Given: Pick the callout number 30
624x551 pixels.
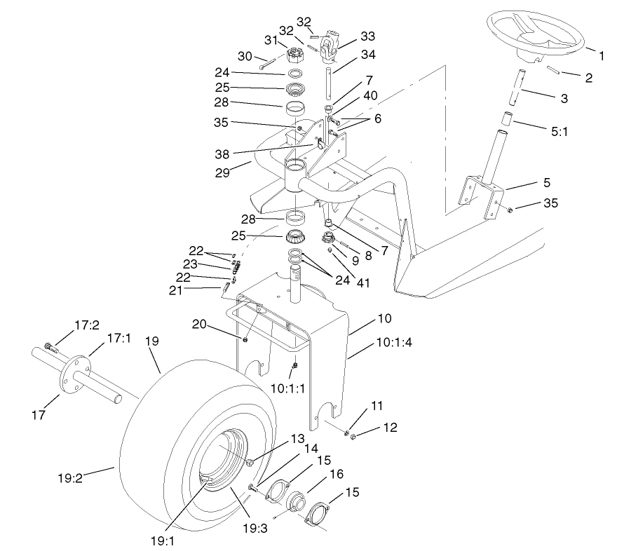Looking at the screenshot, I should click(245, 55).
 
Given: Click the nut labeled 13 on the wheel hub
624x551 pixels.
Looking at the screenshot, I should click(250, 462).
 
